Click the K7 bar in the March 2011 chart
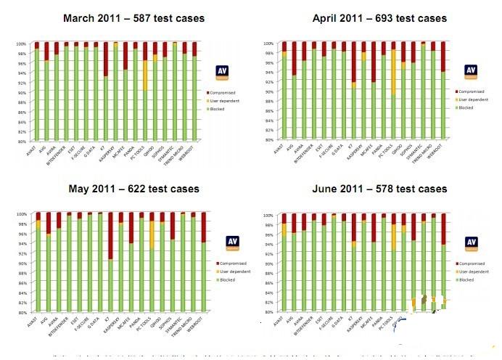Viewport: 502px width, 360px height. (105, 109)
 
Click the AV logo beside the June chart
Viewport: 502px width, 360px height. (472, 243)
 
